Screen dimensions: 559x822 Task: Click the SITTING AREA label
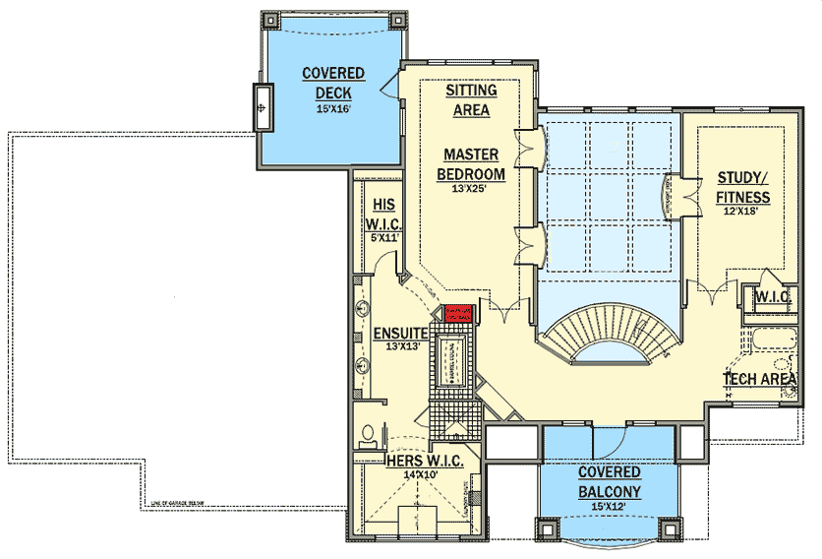(x=471, y=100)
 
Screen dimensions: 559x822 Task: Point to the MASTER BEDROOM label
(x=471, y=164)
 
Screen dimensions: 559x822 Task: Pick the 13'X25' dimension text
(x=471, y=189)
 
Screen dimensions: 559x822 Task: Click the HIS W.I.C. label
(x=382, y=213)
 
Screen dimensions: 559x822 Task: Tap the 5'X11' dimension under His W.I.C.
(x=382, y=237)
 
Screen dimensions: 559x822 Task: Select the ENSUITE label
(x=399, y=334)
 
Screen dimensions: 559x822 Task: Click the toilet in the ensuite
(x=367, y=434)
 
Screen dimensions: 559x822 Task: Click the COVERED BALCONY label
(x=610, y=482)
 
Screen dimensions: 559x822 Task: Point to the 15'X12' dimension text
(x=610, y=507)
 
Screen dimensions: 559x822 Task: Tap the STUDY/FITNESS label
(x=743, y=187)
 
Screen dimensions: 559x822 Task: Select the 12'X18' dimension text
(x=743, y=212)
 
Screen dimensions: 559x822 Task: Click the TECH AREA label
(x=759, y=378)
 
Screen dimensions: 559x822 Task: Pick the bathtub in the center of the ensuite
(x=453, y=360)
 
